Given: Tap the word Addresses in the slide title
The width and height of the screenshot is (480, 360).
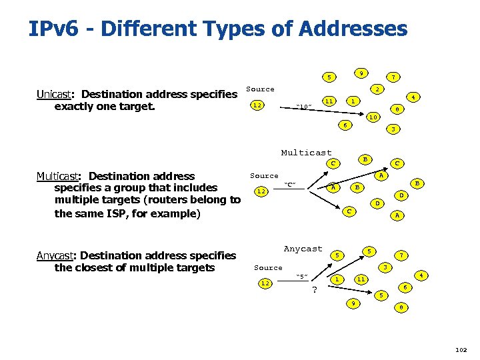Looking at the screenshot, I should pyautogui.click(x=353, y=29).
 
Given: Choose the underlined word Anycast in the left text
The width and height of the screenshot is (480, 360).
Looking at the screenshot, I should pyautogui.click(x=57, y=255).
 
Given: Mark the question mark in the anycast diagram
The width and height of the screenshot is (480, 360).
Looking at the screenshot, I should pyautogui.click(x=314, y=290).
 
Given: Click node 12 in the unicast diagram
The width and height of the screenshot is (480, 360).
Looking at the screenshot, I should pyautogui.click(x=257, y=105).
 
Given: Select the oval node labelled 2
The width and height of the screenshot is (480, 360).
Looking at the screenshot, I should pyautogui.click(x=377, y=89).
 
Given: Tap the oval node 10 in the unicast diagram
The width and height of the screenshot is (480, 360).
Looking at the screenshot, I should pyautogui.click(x=374, y=117).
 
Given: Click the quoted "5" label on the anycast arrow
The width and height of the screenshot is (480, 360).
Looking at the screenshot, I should pyautogui.click(x=301, y=277).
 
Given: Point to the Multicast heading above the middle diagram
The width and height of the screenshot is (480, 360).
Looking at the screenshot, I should pyautogui.click(x=306, y=153).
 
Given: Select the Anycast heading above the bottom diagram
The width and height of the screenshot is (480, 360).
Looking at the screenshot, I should pyautogui.click(x=303, y=249).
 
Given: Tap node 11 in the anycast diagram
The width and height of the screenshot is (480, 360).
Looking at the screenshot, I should pyautogui.click(x=361, y=279).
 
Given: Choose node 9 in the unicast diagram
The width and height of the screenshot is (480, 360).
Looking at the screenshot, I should pyautogui.click(x=360, y=73).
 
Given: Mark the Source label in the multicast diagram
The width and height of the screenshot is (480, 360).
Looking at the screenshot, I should pyautogui.click(x=264, y=176).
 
